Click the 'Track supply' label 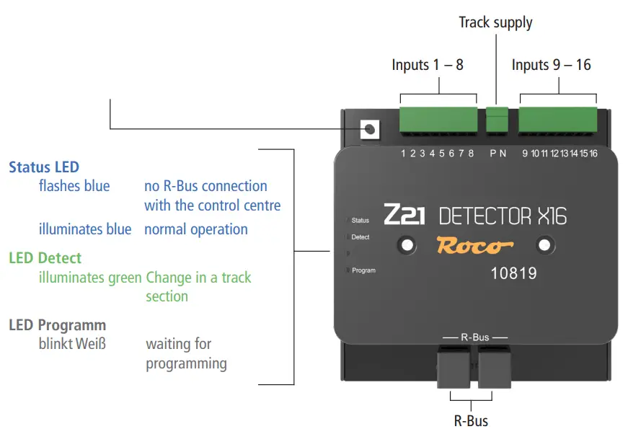tap(495, 22)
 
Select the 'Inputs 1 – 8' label tap(428, 65)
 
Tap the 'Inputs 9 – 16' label tap(551, 65)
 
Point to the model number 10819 tap(513, 274)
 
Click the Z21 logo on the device tap(404, 215)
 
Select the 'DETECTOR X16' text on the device tap(503, 216)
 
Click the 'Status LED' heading tap(44, 167)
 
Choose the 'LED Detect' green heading tap(45, 258)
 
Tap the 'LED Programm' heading tap(57, 325)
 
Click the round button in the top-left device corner tap(370, 129)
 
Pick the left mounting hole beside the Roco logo tap(407, 245)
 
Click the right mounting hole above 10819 tap(545, 245)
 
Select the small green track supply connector tap(497, 120)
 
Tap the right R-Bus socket tap(495, 367)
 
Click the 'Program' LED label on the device tap(363, 270)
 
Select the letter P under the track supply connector tap(493, 153)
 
